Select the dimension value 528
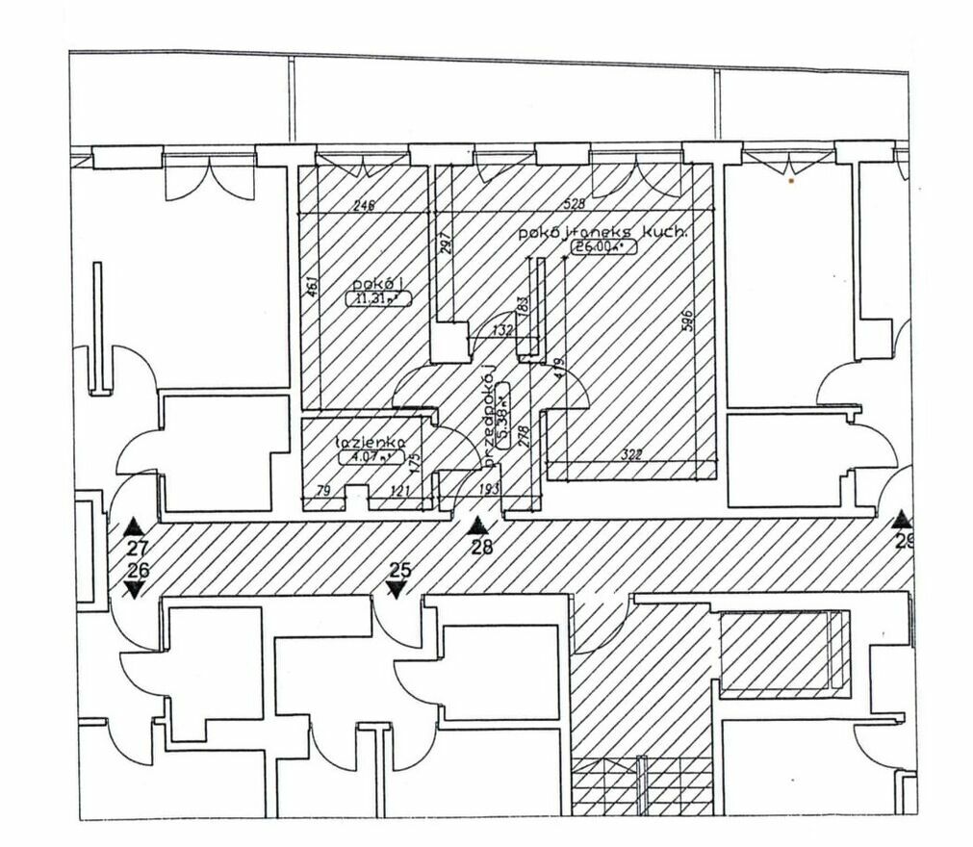pyautogui.click(x=575, y=205)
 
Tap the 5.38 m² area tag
pyautogui.click(x=504, y=411)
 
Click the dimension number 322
pyautogui.click(x=630, y=454)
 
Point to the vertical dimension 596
pyautogui.click(x=686, y=321)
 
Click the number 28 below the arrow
pyautogui.click(x=479, y=548)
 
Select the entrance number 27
pyautogui.click(x=138, y=550)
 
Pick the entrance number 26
pyautogui.click(x=138, y=571)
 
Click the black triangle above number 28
pyautogui.click(x=478, y=526)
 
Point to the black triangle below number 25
pyautogui.click(x=396, y=588)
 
